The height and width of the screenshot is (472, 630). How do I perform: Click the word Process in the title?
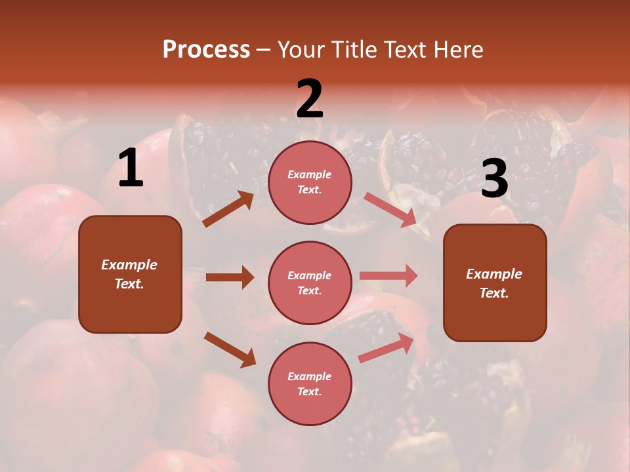pyautogui.click(x=206, y=50)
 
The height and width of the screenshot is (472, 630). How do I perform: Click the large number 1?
pyautogui.click(x=131, y=168)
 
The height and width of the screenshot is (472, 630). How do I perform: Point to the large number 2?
pyautogui.click(x=310, y=99)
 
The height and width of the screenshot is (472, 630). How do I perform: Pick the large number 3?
pyautogui.click(x=494, y=179)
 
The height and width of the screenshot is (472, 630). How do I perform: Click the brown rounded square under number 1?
pyautogui.click(x=130, y=274)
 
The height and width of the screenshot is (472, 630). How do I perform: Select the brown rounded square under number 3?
pyautogui.click(x=495, y=283)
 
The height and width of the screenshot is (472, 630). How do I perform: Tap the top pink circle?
pyautogui.click(x=310, y=182)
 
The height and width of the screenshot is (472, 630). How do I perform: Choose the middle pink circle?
pyautogui.click(x=310, y=283)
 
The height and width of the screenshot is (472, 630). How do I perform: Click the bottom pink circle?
pyautogui.click(x=310, y=383)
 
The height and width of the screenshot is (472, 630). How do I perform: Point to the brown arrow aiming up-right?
pyautogui.click(x=228, y=209)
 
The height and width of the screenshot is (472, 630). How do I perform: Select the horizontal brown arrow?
pyautogui.click(x=230, y=277)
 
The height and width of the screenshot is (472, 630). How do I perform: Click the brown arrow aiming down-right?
pyautogui.click(x=230, y=349)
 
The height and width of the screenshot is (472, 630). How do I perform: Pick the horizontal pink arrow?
pyautogui.click(x=388, y=275)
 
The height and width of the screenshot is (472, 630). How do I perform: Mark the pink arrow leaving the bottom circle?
pyautogui.click(x=387, y=348)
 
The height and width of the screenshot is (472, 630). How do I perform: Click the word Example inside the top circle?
pyautogui.click(x=310, y=174)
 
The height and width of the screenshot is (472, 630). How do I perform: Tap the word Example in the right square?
pyautogui.click(x=494, y=274)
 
